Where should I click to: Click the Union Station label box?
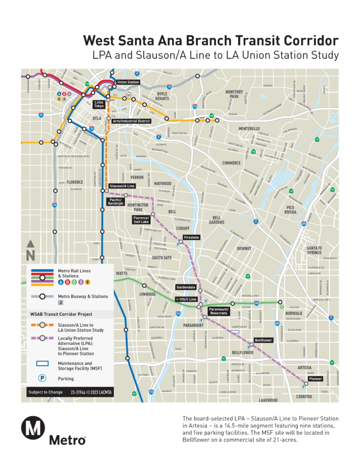[128, 82]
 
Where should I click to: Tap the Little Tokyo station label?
[99, 104]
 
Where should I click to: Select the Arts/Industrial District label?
[132, 121]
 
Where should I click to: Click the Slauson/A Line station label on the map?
[122, 186]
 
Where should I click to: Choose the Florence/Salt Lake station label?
[141, 219]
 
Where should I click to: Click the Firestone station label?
[191, 238]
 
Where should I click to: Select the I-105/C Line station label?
[186, 299]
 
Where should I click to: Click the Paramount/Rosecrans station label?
[218, 311]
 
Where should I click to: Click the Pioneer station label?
[315, 378]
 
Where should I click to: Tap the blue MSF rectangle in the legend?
[42, 363]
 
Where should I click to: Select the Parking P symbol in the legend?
[42, 378]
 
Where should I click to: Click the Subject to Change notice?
[45, 392]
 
